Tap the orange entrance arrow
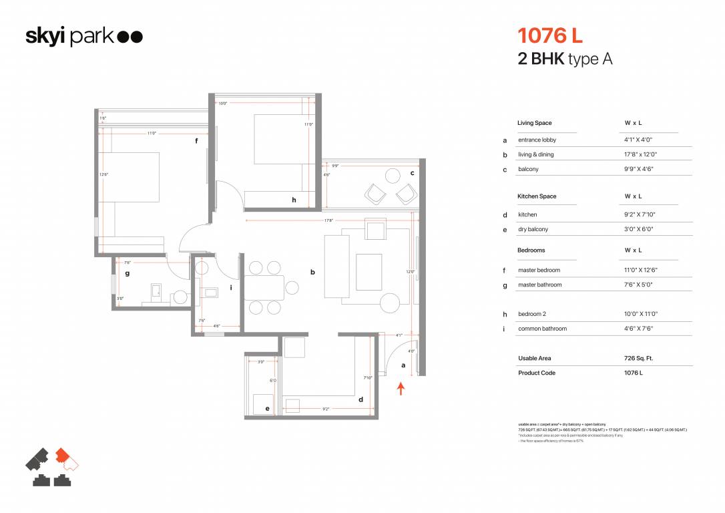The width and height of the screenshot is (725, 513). point(401,388)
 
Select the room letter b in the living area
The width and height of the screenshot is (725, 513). point(312,272)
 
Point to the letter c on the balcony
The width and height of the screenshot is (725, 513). point(413,173)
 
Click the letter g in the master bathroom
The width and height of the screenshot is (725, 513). point(127,273)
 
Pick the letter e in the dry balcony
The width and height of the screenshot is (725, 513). point(267,408)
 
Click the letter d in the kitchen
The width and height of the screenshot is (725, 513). point(361,400)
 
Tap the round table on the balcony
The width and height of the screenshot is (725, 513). point(393,176)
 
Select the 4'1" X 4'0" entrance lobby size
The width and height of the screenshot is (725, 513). point(638,140)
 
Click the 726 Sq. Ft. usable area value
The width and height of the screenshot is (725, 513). point(638,358)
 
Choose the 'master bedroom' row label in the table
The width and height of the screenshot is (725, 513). point(539,270)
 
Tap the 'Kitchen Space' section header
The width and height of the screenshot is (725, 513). point(537,196)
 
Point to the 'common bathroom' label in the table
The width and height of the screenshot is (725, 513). point(542,329)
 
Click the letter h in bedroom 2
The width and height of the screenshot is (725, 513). point(293,200)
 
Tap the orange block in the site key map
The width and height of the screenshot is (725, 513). point(63,455)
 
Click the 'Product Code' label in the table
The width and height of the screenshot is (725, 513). point(537,373)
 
